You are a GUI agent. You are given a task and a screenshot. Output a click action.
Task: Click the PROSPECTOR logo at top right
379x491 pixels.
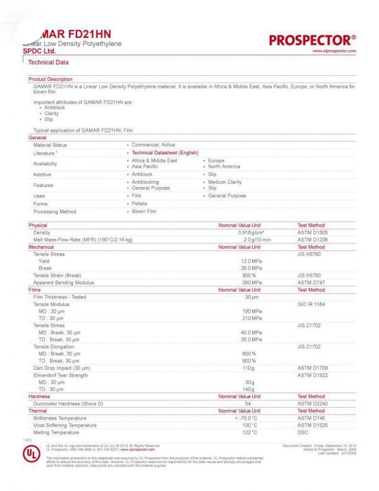[x=313, y=40]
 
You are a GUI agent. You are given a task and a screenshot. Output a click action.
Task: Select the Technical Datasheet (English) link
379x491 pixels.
[x=164, y=153]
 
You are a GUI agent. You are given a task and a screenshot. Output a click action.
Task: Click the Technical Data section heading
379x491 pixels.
[x=49, y=62]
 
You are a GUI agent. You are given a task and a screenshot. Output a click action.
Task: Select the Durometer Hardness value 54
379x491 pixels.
[x=248, y=403]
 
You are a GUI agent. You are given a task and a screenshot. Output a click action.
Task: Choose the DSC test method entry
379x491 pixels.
[x=303, y=432]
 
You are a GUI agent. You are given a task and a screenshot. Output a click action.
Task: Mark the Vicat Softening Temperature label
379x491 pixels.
[x=65, y=425]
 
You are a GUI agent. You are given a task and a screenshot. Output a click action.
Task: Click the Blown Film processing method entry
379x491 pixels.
[x=143, y=212]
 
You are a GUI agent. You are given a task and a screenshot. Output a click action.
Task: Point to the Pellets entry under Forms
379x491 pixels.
[x=140, y=203]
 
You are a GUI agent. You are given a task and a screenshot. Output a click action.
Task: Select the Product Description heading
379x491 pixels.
[x=51, y=79]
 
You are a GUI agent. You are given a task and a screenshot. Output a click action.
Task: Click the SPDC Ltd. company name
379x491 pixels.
[x=39, y=51]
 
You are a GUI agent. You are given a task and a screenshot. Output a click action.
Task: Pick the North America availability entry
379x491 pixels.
[x=224, y=166]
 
